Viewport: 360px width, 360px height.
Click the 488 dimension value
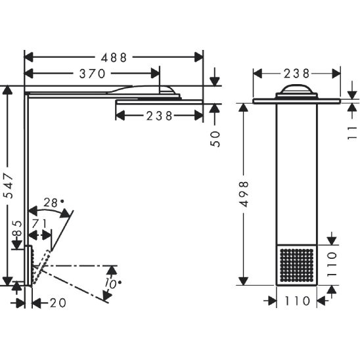click(x=114, y=57)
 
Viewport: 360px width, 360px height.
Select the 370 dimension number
click(x=92, y=74)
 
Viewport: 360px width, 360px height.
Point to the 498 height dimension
click(x=244, y=194)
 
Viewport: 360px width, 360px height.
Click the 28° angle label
click(x=53, y=203)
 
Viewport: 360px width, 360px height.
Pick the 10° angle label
click(x=112, y=284)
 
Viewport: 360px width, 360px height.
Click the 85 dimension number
click(x=17, y=228)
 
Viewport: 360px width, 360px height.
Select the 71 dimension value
click(x=39, y=223)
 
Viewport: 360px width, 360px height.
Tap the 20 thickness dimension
click(x=58, y=303)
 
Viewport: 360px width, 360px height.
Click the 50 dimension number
click(x=215, y=139)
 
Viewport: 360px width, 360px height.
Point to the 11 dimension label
click(x=353, y=133)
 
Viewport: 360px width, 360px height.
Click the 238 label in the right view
click(x=297, y=74)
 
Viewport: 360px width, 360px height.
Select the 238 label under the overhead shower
click(x=160, y=116)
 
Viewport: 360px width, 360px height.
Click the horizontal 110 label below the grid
click(x=298, y=301)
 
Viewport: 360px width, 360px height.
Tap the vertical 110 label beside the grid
click(x=332, y=265)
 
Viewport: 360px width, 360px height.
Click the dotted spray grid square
click(x=297, y=265)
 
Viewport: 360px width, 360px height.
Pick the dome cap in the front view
click(x=297, y=89)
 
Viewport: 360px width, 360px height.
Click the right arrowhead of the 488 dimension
click(x=199, y=57)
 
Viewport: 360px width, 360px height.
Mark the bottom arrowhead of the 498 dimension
click(x=243, y=281)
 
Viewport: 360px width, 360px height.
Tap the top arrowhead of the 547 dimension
click(x=7, y=90)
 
